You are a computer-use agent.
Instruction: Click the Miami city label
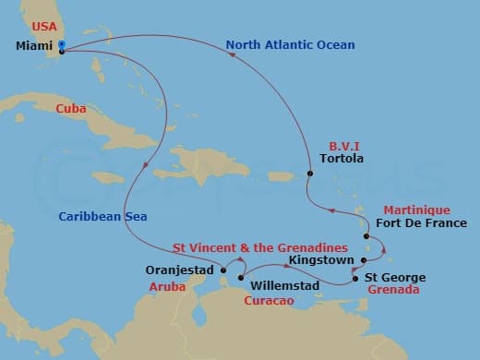click(33, 44)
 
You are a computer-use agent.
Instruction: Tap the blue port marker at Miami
click(61, 43)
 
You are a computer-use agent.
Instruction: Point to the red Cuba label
click(71, 108)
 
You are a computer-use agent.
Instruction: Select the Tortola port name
click(341, 158)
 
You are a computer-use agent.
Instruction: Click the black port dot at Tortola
click(308, 172)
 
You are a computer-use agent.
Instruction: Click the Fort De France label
click(422, 223)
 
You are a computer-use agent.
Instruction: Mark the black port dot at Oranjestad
click(222, 271)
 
